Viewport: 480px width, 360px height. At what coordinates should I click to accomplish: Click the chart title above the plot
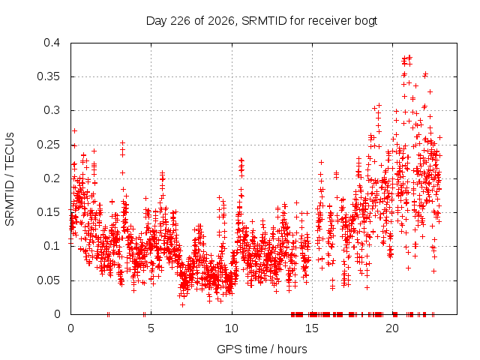[x=262, y=21]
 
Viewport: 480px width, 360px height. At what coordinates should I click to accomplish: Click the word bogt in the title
[x=366, y=22]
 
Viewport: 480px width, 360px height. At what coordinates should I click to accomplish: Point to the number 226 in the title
[x=181, y=21]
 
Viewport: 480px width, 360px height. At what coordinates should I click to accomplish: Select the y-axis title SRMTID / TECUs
[x=10, y=179]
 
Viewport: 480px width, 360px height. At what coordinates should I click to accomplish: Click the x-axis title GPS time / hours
[x=262, y=349]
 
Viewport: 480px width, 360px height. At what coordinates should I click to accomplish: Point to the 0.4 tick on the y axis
[x=52, y=43]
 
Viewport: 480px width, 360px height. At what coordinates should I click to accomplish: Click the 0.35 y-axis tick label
[x=49, y=76]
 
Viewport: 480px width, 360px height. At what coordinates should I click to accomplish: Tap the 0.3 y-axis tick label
[x=52, y=110]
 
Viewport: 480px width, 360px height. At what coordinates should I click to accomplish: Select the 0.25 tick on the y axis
[x=49, y=145]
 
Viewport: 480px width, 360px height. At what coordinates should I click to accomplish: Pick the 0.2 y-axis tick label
[x=52, y=178]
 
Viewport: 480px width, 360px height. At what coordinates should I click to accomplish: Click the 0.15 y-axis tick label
[x=49, y=212]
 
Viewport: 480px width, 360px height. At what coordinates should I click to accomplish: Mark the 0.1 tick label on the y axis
[x=52, y=246]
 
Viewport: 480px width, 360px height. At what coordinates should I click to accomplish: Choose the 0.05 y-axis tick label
[x=49, y=280]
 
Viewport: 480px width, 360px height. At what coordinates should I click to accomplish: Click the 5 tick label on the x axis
[x=151, y=328]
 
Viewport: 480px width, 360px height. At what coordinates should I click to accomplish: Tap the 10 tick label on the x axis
[x=232, y=328]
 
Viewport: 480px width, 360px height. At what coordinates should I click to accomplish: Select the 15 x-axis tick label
[x=312, y=328]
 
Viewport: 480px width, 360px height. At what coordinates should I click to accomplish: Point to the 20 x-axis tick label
[x=392, y=328]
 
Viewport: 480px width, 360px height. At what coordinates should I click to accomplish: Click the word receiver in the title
[x=329, y=21]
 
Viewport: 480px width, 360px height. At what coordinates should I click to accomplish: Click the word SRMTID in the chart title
[x=264, y=21]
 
